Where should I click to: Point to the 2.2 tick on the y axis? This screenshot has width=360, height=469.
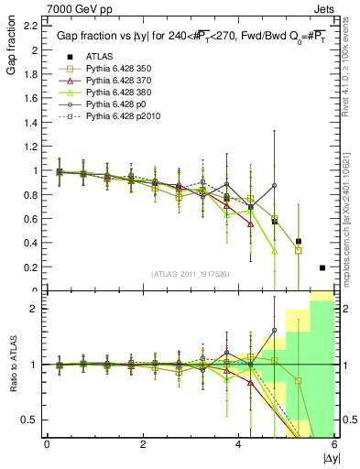pos(32,27)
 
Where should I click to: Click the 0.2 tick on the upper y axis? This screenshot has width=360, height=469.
pos(32,267)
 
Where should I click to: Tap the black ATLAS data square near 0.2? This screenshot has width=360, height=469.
pos(322,267)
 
